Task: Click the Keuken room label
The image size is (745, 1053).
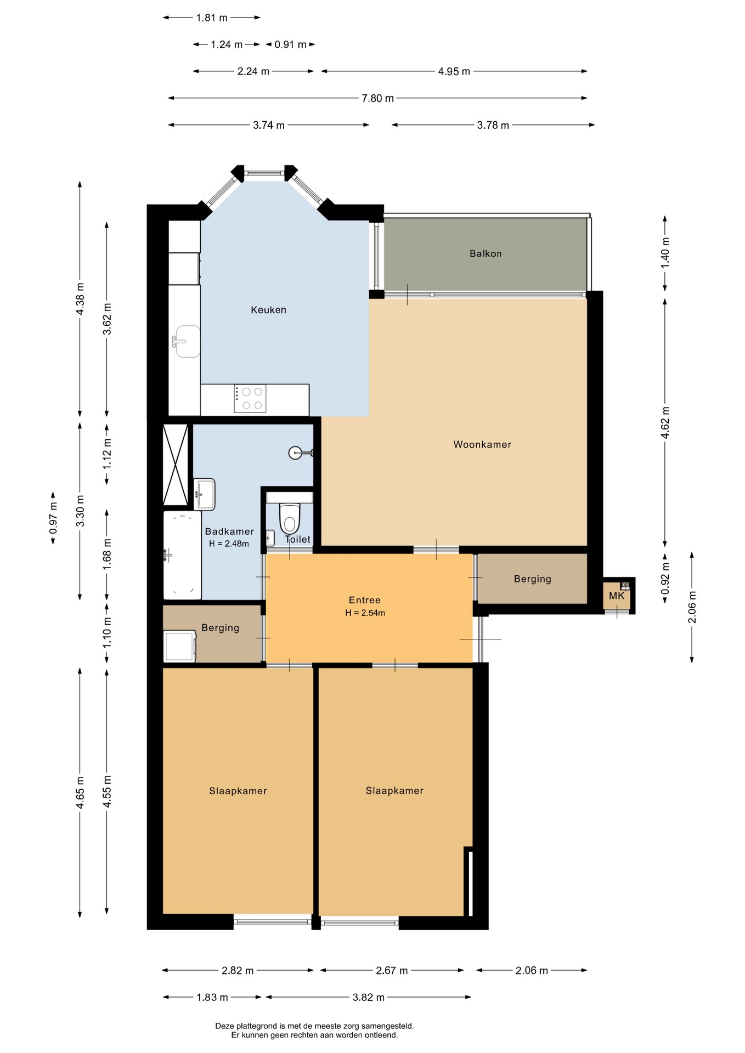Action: (x=268, y=310)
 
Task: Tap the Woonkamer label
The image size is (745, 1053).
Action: (x=482, y=445)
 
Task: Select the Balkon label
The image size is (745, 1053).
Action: (x=486, y=253)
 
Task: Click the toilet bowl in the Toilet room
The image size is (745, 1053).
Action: (x=290, y=518)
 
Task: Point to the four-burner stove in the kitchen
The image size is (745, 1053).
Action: (x=250, y=399)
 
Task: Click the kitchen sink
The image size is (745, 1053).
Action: (x=187, y=341)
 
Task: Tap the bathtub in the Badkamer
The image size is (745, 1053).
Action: (x=182, y=556)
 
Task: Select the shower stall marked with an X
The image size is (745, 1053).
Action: (x=176, y=465)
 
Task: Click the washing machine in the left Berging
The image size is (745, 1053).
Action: (x=180, y=646)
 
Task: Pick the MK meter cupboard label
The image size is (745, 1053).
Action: (x=617, y=596)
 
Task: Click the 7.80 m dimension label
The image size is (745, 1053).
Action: (x=377, y=99)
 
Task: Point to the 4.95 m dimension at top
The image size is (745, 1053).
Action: (x=454, y=71)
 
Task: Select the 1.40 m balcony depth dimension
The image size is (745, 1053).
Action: (x=665, y=253)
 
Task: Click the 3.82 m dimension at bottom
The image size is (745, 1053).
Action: (x=368, y=997)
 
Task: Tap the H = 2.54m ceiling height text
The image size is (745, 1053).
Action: (x=365, y=613)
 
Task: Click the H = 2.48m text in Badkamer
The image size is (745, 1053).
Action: (x=229, y=544)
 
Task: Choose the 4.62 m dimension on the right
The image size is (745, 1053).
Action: (x=665, y=422)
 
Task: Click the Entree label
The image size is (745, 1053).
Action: (x=365, y=601)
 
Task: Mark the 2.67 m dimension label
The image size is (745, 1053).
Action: (x=392, y=970)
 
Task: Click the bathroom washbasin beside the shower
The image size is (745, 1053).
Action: (x=205, y=494)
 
